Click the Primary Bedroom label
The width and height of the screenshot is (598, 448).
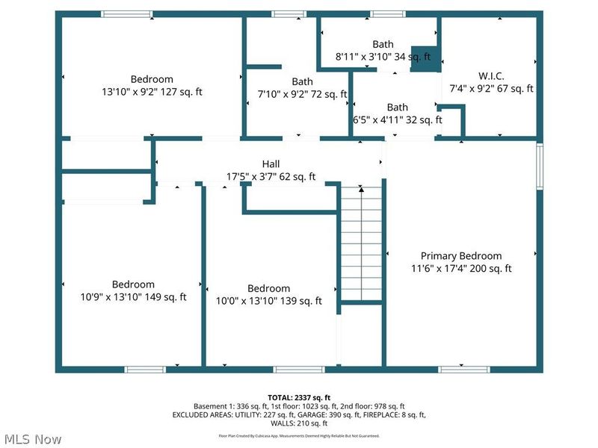(461, 255)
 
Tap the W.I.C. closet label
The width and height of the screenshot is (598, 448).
(491, 75)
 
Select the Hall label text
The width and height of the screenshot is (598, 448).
(271, 164)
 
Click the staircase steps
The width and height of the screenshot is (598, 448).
(361, 246)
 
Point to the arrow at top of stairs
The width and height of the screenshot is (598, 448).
(361, 190)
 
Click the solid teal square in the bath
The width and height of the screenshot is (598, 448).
(425, 59)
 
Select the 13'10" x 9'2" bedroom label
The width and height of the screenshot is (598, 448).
(152, 93)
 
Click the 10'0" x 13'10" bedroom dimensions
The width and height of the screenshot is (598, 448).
(268, 301)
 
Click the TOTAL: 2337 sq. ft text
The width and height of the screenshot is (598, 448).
(298, 396)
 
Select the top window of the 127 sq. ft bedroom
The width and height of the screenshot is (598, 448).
(127, 13)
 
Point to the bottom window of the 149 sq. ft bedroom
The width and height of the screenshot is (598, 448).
(145, 369)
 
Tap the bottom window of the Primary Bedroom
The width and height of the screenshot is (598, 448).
(463, 369)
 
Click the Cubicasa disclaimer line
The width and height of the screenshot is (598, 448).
(298, 435)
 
